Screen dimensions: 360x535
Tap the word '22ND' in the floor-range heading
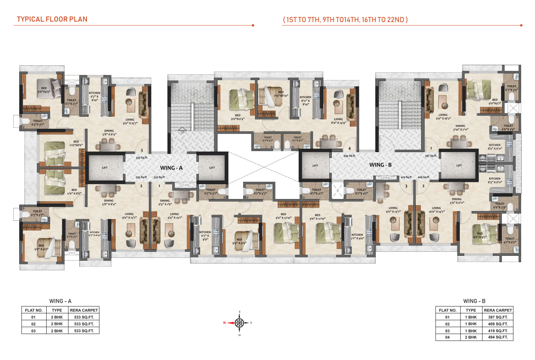coord(398,19)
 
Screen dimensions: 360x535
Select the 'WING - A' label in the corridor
coord(171,168)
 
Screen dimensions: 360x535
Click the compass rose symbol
coord(240,323)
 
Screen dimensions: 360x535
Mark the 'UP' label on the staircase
coord(182,132)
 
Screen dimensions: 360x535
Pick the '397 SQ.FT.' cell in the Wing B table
coord(498,317)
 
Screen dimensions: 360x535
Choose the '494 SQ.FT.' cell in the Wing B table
coord(498,337)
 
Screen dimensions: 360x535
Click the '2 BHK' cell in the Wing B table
coord(471,337)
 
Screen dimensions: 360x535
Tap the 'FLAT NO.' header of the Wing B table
coord(447,310)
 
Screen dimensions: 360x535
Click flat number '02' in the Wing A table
coord(34,324)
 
